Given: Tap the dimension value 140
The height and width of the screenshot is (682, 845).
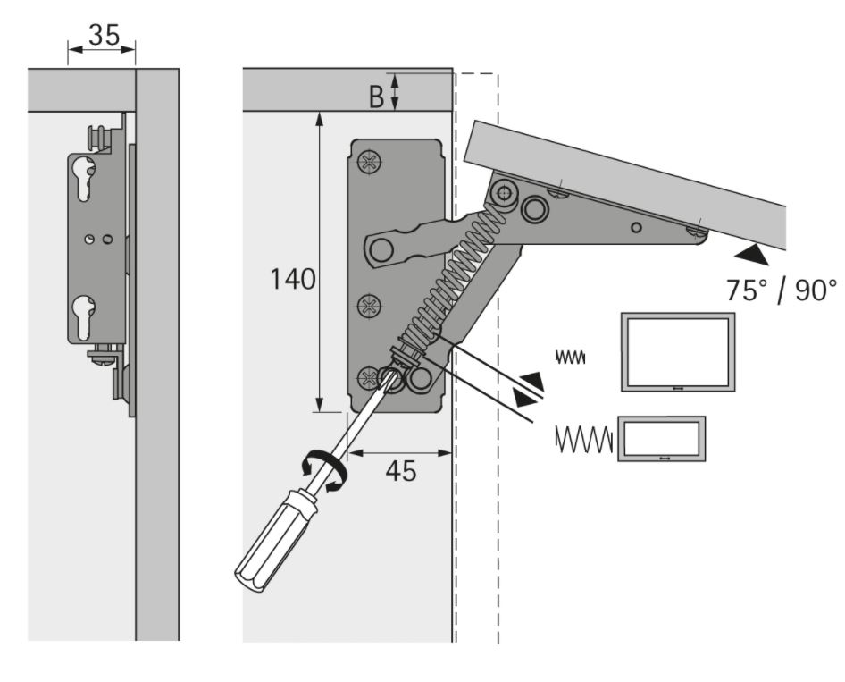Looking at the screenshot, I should [293, 279].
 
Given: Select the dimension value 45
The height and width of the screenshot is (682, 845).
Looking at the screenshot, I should [401, 470].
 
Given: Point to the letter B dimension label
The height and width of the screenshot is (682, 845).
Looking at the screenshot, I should [377, 97].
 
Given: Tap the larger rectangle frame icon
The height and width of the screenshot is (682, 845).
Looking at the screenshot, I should [678, 351].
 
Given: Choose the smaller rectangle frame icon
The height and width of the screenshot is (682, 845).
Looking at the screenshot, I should [663, 438].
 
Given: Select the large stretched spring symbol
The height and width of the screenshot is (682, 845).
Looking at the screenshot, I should [583, 439].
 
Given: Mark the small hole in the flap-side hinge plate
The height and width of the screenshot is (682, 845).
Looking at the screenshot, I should [635, 227].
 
